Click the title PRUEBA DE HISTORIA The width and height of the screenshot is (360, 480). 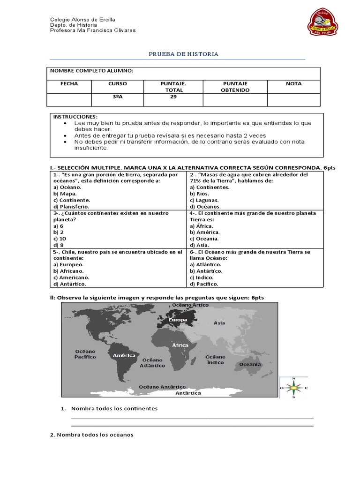[x=184, y=54]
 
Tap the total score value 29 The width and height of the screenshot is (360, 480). [x=173, y=97]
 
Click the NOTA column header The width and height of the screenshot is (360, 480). [x=294, y=84]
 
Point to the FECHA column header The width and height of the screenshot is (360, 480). [x=69, y=84]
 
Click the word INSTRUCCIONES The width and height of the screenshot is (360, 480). [x=75, y=116]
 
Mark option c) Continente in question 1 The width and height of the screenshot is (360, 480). [x=73, y=200]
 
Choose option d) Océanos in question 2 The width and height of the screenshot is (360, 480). [x=205, y=206]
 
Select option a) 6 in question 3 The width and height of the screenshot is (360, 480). [x=59, y=225]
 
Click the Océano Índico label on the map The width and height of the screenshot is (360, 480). [x=215, y=360]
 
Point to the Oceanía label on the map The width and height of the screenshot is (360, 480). [x=250, y=364]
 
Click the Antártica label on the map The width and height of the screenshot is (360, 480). [x=188, y=393]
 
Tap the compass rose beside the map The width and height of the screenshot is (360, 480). [x=293, y=388]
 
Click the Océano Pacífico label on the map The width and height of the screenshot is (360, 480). [x=85, y=354]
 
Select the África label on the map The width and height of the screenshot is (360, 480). [x=180, y=345]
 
